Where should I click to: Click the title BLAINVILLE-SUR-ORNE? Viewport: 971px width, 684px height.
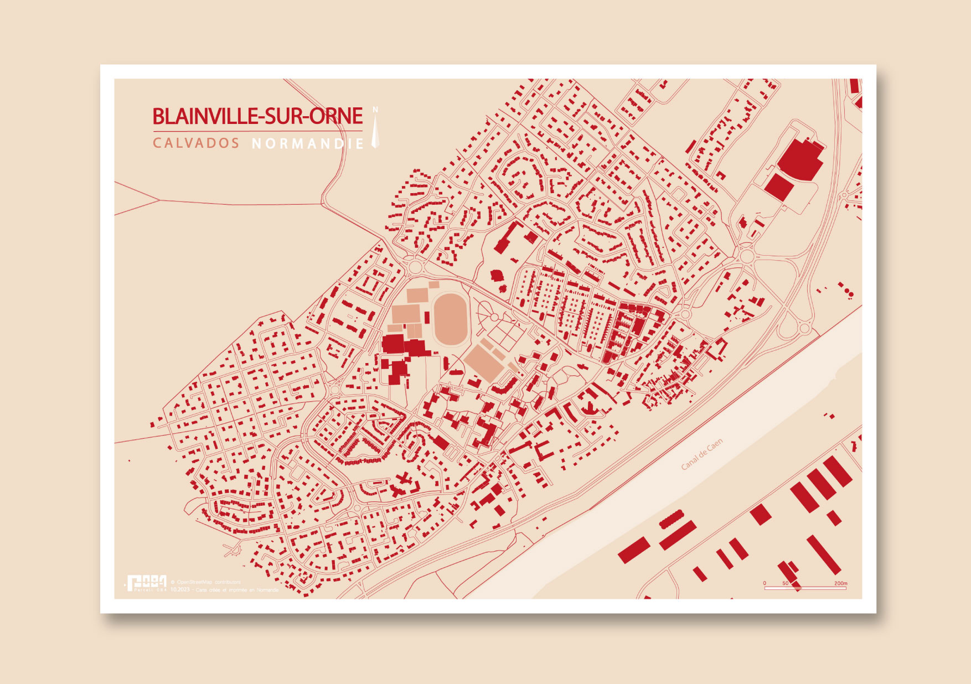pyautogui.click(x=257, y=116)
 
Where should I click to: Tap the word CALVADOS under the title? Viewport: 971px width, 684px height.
pyautogui.click(x=196, y=143)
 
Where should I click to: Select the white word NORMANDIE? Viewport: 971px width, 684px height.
pyautogui.click(x=308, y=144)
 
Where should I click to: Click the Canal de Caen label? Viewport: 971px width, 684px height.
pyautogui.click(x=701, y=455)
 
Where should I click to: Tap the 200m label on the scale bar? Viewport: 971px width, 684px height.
pyautogui.click(x=840, y=583)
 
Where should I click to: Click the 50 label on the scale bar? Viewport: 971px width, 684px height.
pyautogui.click(x=786, y=583)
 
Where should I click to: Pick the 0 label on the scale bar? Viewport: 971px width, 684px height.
pyautogui.click(x=765, y=583)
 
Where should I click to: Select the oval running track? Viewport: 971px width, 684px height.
pyautogui.click(x=450, y=319)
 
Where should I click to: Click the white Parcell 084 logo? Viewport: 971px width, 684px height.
pyautogui.click(x=146, y=583)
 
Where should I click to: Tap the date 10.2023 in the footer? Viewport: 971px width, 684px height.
pyautogui.click(x=180, y=590)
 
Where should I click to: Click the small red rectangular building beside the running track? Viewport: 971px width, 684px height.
pyautogui.click(x=427, y=318)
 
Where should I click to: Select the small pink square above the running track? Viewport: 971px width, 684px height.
pyautogui.click(x=434, y=285)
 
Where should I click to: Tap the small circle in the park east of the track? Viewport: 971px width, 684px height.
pyautogui.click(x=493, y=316)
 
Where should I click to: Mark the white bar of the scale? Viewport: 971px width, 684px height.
pyautogui.click(x=805, y=588)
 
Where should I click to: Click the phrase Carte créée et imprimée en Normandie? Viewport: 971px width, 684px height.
pyautogui.click(x=237, y=590)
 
